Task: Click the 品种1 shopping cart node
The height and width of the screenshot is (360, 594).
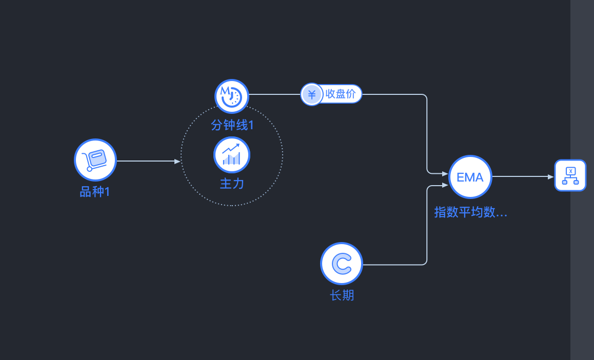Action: point(95,160)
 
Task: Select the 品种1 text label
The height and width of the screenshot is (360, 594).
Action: point(95,192)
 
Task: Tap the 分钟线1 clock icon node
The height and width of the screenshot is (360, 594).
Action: point(232,96)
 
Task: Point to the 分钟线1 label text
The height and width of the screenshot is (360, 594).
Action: point(232,125)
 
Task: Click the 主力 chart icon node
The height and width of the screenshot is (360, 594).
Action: point(232,155)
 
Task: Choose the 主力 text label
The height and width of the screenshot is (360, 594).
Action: point(232,184)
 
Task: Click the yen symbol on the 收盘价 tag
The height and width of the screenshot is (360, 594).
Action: point(311,94)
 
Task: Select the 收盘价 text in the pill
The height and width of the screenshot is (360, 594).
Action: point(340,94)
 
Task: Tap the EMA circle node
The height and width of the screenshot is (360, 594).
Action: point(470,177)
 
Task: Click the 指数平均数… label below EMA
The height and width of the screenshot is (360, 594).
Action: point(470,212)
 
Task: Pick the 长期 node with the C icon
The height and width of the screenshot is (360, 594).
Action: point(342,264)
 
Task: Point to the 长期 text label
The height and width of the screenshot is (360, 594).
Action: point(342,295)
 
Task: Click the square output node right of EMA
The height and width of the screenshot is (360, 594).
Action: point(570,175)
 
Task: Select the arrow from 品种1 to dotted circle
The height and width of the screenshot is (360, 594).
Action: point(146,161)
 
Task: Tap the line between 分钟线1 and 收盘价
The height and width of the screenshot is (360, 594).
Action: point(274,94)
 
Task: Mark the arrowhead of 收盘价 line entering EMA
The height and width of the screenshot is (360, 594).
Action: point(445,174)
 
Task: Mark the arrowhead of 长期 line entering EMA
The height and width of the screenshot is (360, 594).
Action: point(445,185)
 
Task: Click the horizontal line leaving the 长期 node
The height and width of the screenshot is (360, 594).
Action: point(392,265)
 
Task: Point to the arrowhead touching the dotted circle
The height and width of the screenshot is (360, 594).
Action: point(177,161)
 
